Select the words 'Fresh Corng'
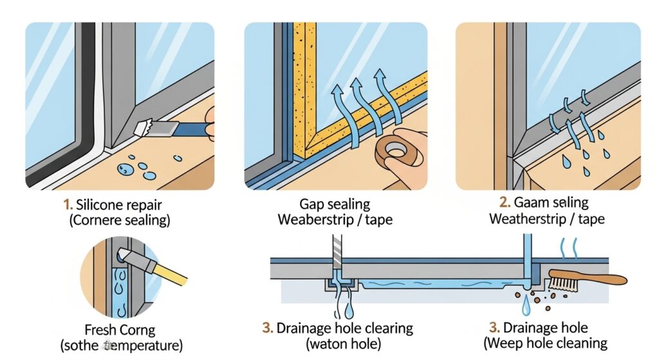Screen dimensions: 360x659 (120, 329)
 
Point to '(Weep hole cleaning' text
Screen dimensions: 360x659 (546, 345)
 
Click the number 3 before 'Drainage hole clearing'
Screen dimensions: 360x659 (268, 328)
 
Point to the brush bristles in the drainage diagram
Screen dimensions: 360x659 (562, 281)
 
